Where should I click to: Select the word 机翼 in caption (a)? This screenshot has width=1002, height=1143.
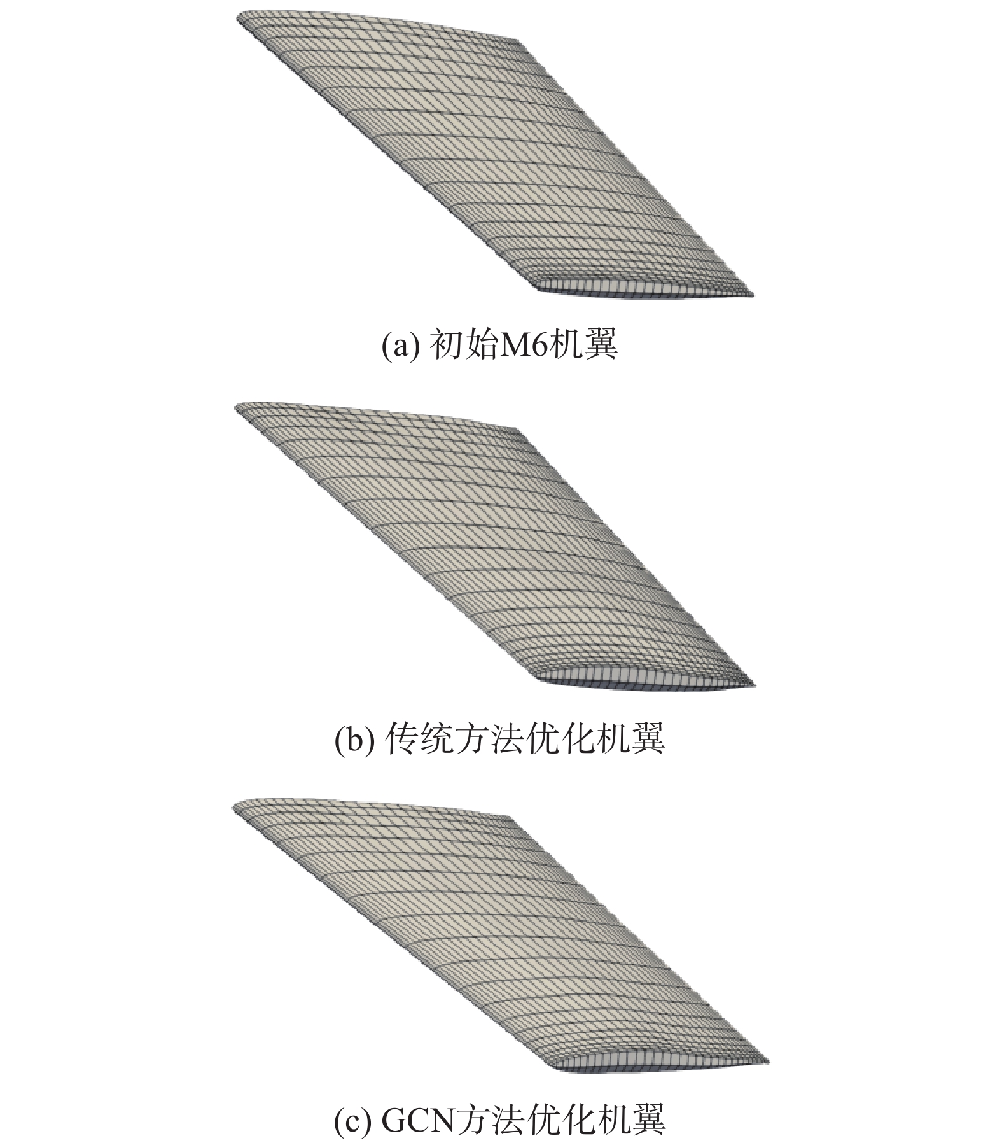583,346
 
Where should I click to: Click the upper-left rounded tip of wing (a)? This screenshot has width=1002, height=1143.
240,21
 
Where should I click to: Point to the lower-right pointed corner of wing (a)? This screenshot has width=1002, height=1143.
753,295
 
